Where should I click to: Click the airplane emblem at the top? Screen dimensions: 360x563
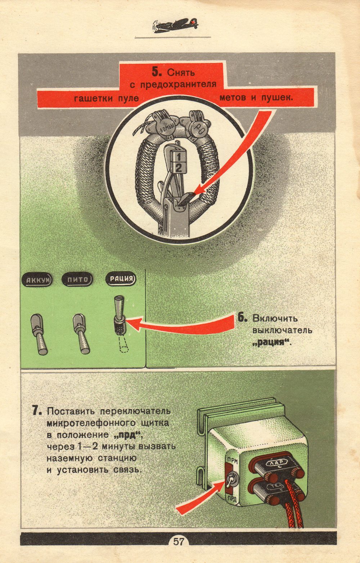click(175, 25)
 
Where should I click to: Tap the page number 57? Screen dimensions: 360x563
click(179, 541)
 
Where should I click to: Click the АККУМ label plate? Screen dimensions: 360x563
click(37, 280)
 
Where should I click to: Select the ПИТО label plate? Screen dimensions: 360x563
click(77, 279)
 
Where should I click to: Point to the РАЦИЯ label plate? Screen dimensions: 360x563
click(121, 279)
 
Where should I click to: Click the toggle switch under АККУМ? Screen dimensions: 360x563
click(39, 334)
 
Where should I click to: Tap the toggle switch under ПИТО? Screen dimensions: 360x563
click(81, 334)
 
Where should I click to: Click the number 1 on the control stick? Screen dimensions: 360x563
click(178, 157)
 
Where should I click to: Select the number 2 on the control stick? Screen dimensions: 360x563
click(178, 167)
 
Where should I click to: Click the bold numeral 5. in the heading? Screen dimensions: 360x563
click(157, 72)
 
